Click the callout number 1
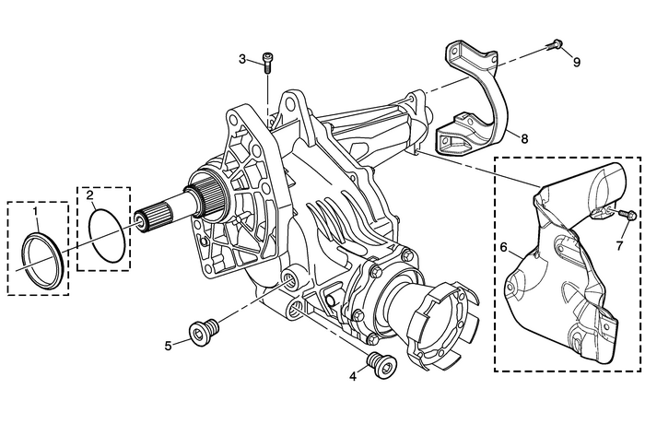coord(35,212)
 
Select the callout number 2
coord(89,195)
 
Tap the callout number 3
coord(243,59)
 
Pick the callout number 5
coord(169,346)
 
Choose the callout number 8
coord(522,140)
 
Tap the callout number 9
coord(577,63)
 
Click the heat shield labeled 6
coord(562,277)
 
